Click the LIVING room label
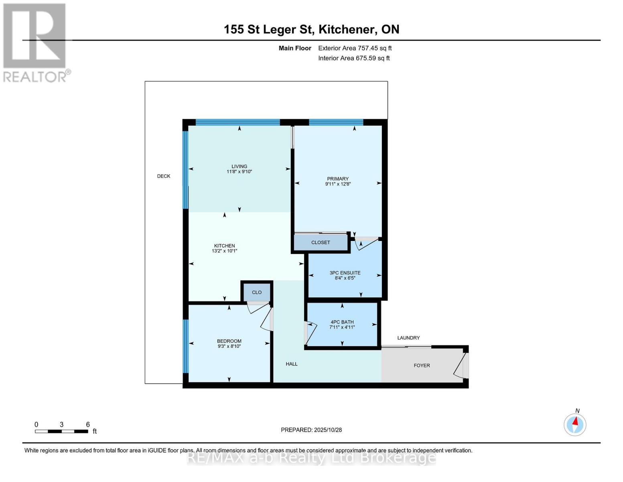[x=239, y=166]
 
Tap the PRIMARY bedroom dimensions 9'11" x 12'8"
[x=338, y=184]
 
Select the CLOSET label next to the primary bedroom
[x=321, y=243]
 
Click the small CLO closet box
[x=257, y=292]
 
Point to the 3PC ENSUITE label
[x=345, y=273]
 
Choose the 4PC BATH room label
[x=342, y=322]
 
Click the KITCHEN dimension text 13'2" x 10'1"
[x=225, y=251]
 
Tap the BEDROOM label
[x=229, y=341]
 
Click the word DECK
[x=164, y=176]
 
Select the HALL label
[x=292, y=364]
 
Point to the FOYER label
[x=422, y=366]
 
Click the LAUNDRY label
[x=408, y=338]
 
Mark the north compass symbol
[x=575, y=424]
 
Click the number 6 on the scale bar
[x=88, y=425]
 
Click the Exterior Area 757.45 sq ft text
[x=355, y=48]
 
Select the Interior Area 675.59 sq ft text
[x=354, y=58]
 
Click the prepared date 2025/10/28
[x=328, y=430]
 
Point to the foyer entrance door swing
[x=460, y=366]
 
